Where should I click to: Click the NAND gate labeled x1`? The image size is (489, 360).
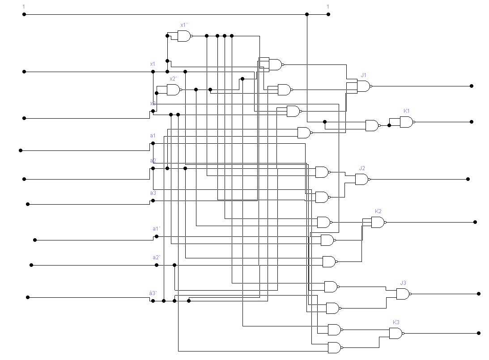click(184, 36)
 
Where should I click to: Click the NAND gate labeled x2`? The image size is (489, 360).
click(173, 90)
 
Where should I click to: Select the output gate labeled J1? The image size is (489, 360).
click(363, 86)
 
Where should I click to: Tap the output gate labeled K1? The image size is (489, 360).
click(406, 122)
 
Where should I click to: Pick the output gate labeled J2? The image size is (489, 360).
click(361, 179)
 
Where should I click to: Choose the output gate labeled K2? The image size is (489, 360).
click(378, 222)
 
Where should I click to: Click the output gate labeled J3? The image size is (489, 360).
click(403, 294)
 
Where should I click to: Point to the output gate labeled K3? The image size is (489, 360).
click(395, 333)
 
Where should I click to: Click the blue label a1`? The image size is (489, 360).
click(156, 229)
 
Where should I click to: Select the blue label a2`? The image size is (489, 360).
click(156, 257)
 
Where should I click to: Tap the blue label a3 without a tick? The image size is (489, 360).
click(153, 193)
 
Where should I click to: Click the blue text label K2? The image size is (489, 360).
click(378, 211)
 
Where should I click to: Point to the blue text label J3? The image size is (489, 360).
click(403, 283)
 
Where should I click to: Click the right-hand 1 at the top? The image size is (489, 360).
click(328, 7)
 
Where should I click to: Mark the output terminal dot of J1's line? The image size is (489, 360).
click(472, 86)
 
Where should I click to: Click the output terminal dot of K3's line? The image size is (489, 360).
click(479, 333)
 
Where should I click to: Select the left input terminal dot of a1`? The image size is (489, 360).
click(35, 240)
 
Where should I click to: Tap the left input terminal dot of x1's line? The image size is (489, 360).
click(24, 72)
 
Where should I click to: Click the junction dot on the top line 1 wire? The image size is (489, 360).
click(307, 14)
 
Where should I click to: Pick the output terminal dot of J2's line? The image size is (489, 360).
click(468, 179)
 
